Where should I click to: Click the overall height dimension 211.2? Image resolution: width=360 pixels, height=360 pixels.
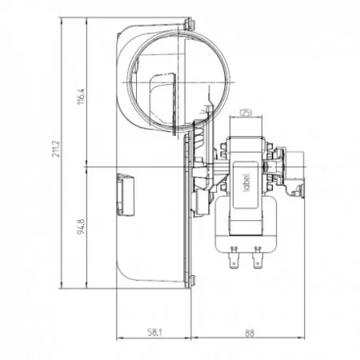57,149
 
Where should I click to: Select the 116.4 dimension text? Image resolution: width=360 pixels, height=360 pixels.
82,97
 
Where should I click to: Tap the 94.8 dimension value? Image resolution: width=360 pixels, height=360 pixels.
81,226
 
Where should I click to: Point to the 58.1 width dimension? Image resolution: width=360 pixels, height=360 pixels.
154,332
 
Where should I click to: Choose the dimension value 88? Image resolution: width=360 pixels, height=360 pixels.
250,333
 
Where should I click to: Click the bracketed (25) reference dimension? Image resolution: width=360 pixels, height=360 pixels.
246,113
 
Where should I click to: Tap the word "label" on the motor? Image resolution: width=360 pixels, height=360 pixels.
246,182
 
